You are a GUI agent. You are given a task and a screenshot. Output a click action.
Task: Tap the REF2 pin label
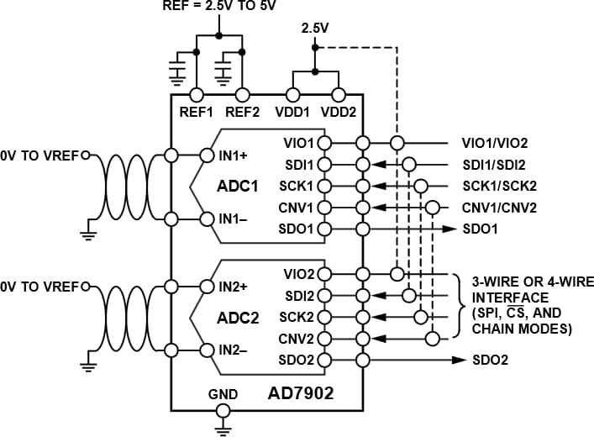(x=244, y=110)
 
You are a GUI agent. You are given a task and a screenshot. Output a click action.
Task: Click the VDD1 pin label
(x=292, y=110)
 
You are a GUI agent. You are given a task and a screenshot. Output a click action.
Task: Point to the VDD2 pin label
(x=339, y=110)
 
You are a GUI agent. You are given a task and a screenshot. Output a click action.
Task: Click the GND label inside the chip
(x=223, y=393)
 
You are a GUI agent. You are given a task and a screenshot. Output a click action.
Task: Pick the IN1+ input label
(x=233, y=155)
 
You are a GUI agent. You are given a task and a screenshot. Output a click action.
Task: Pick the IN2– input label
(x=233, y=350)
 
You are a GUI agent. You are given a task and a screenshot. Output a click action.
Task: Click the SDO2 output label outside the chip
(x=489, y=361)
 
